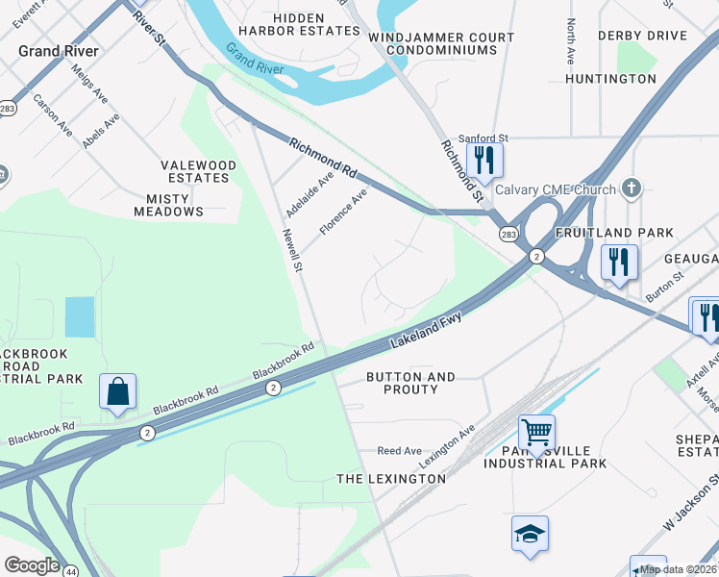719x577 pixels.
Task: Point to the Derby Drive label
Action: tap(642, 36)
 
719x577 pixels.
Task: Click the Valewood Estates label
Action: tap(198, 171)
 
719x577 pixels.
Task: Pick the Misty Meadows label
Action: tap(175, 204)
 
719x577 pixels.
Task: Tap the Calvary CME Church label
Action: tap(556, 189)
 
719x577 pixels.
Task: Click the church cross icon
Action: tap(631, 188)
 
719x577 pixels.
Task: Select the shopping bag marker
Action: tap(117, 392)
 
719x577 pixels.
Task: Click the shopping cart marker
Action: tap(536, 432)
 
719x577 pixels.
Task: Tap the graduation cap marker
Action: tap(530, 534)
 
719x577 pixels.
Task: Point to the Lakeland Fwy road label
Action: tap(427, 330)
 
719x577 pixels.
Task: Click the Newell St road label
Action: tap(293, 249)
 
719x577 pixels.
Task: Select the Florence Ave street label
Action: tap(343, 212)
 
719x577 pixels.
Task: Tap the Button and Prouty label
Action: tap(410, 383)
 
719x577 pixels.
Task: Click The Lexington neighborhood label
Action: tap(390, 478)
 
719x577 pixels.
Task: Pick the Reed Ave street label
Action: tap(399, 450)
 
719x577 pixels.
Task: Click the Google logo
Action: tap(32, 565)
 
